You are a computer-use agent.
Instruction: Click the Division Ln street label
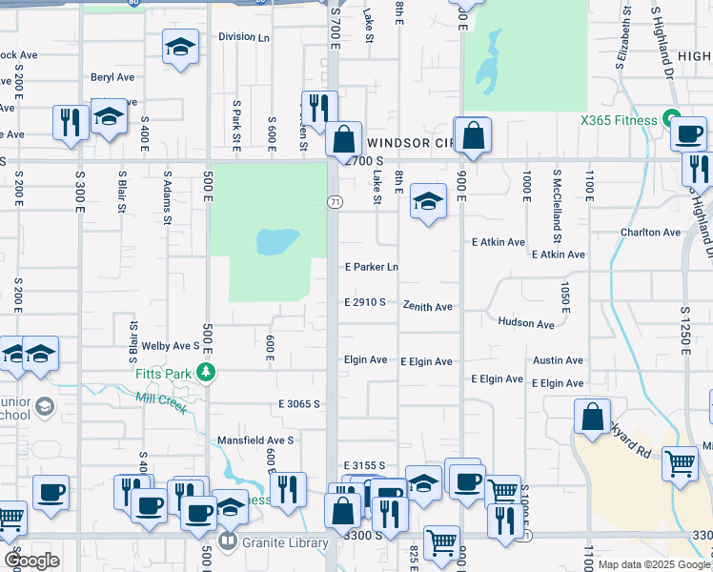[244, 37]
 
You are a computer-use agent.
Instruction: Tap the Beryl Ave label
[112, 77]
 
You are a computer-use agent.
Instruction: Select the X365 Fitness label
[619, 120]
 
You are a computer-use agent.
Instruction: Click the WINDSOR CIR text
[409, 142]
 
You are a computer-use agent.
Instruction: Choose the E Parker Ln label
[371, 267]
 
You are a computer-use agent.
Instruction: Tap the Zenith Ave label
[426, 307]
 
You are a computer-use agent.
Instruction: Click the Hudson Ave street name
[525, 324]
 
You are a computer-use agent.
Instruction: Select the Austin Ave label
[558, 360]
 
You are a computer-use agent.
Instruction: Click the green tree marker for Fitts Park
[204, 372]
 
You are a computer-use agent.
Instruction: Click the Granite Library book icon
[227, 543]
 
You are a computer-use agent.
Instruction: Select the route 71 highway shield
[335, 202]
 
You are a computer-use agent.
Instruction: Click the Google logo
[31, 561]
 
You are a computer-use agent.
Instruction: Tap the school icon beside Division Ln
[180, 46]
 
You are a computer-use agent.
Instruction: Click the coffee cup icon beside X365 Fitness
[687, 133]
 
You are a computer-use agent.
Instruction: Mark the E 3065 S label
[298, 404]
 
